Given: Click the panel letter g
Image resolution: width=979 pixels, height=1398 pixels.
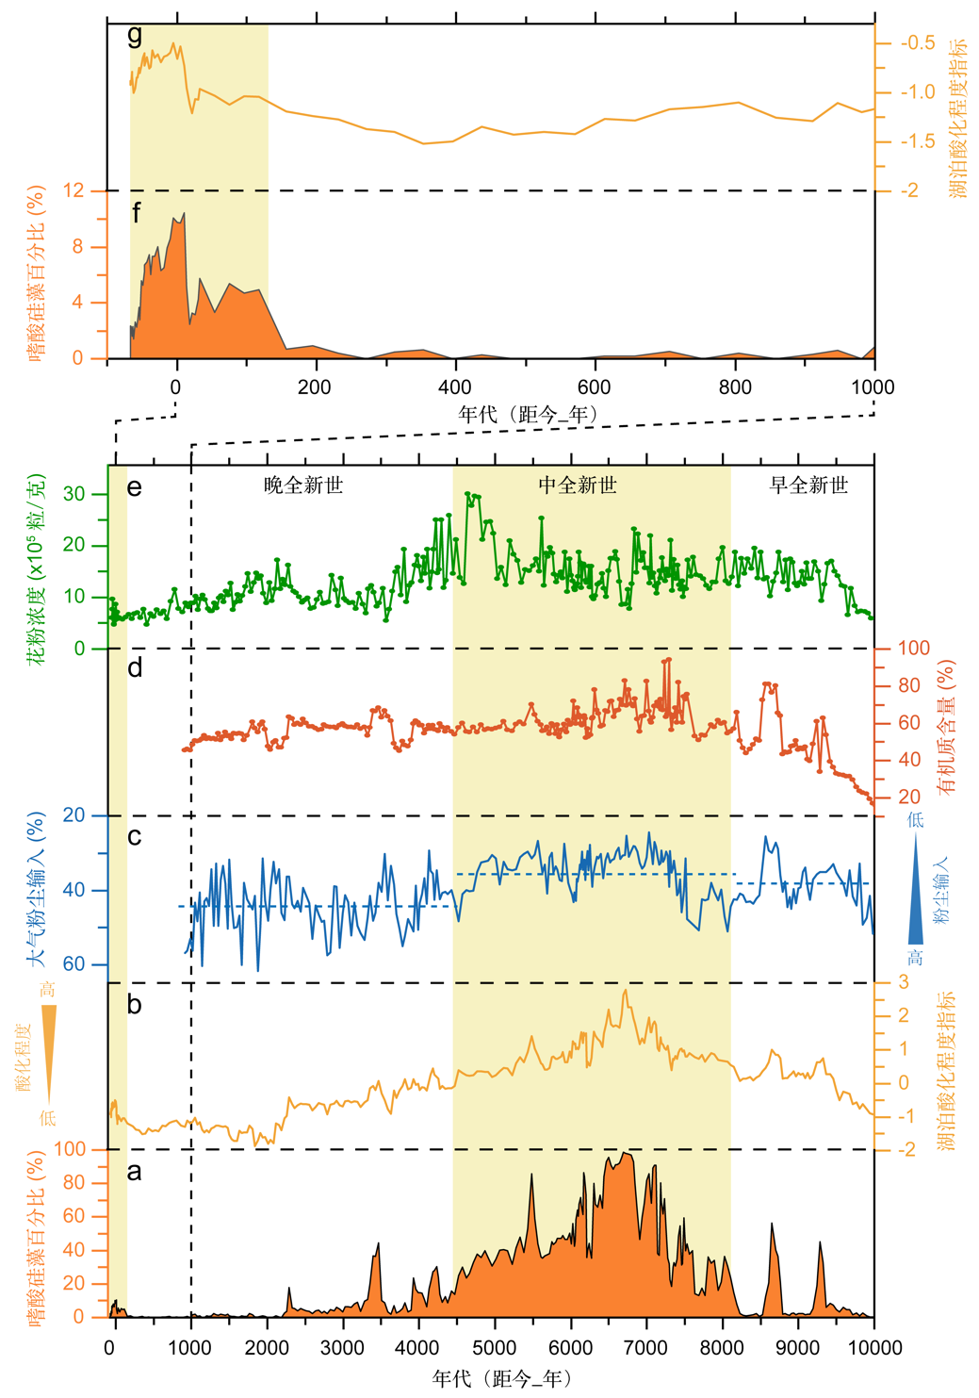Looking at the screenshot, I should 135,36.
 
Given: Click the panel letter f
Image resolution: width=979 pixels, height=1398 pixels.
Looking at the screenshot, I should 137,213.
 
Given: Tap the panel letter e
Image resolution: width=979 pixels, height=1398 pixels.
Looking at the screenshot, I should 135,486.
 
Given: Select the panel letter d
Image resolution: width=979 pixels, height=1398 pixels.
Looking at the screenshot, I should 135,667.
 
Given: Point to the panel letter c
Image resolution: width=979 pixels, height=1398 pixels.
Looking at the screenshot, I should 135,835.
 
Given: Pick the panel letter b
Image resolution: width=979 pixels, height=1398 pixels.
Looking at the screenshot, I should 135,1004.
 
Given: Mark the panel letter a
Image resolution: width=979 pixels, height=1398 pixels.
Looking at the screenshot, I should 135,1171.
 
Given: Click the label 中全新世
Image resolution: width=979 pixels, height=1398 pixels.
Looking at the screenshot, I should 578,485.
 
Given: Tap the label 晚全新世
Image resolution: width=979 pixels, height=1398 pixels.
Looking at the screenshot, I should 303,485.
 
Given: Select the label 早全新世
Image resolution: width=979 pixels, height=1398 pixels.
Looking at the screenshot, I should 808,485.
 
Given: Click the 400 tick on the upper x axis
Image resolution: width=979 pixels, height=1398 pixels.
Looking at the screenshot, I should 455,387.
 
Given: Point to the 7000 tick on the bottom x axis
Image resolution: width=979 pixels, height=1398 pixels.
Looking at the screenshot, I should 646,1347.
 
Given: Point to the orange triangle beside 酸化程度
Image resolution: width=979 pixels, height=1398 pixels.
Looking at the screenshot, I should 49,1052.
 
